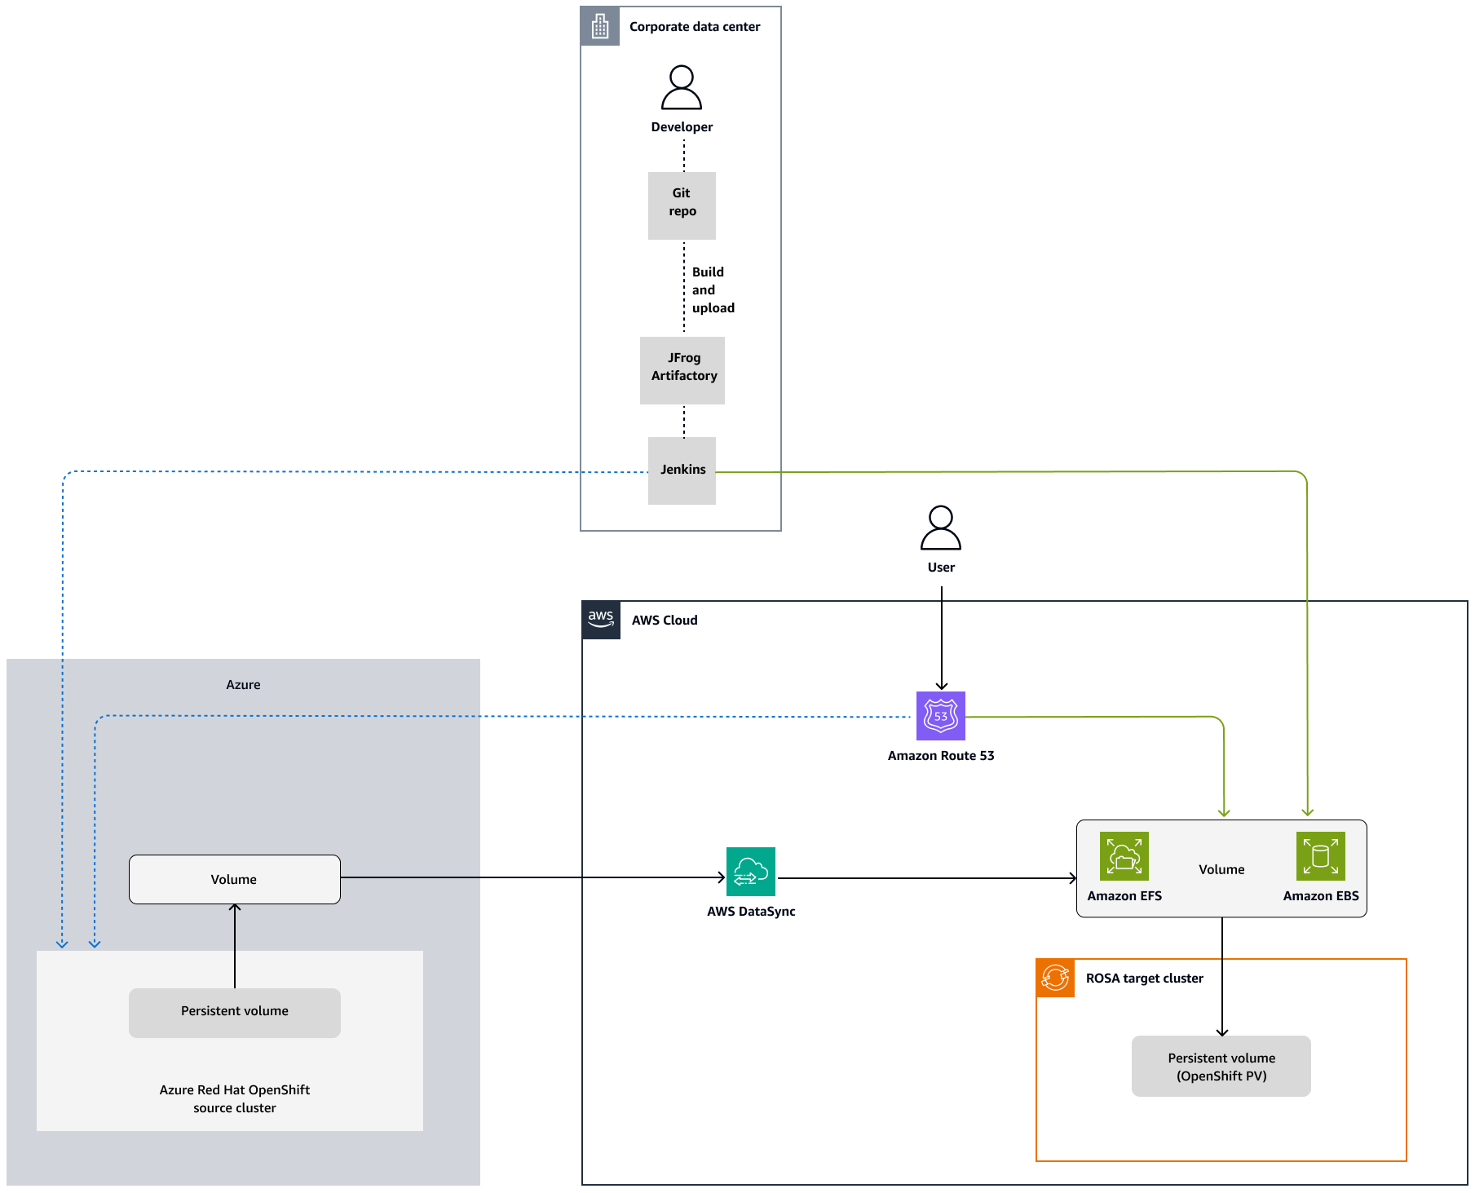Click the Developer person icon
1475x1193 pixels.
pyautogui.click(x=682, y=88)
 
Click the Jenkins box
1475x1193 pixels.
pyautogui.click(x=682, y=471)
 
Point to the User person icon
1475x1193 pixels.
pyautogui.click(x=941, y=528)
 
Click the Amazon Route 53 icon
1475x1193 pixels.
pyautogui.click(x=941, y=716)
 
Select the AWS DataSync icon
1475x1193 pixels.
pyautogui.click(x=751, y=872)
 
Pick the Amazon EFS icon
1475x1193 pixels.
pyautogui.click(x=1124, y=856)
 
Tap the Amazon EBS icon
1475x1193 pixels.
pyautogui.click(x=1321, y=856)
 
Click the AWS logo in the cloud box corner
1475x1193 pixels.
pyautogui.click(x=601, y=620)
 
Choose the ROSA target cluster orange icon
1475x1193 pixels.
pyautogui.click(x=1055, y=978)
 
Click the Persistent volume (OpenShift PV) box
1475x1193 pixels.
pyautogui.click(x=1221, y=1067)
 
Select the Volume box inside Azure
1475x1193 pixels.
pyautogui.click(x=235, y=879)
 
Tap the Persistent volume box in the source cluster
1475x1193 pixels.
pyautogui.click(x=235, y=1013)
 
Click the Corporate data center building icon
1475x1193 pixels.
pyautogui.click(x=600, y=26)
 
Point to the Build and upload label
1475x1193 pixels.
pyautogui.click(x=713, y=290)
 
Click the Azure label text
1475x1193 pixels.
pyautogui.click(x=243, y=685)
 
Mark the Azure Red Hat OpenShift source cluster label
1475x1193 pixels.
pyautogui.click(x=235, y=1098)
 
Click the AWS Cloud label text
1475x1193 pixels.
pyautogui.click(x=665, y=621)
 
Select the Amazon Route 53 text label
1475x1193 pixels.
pyautogui.click(x=941, y=756)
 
